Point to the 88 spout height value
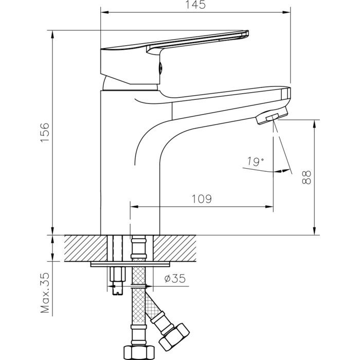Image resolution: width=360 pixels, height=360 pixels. [307, 177]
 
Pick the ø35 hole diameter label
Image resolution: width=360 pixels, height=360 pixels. [174, 280]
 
